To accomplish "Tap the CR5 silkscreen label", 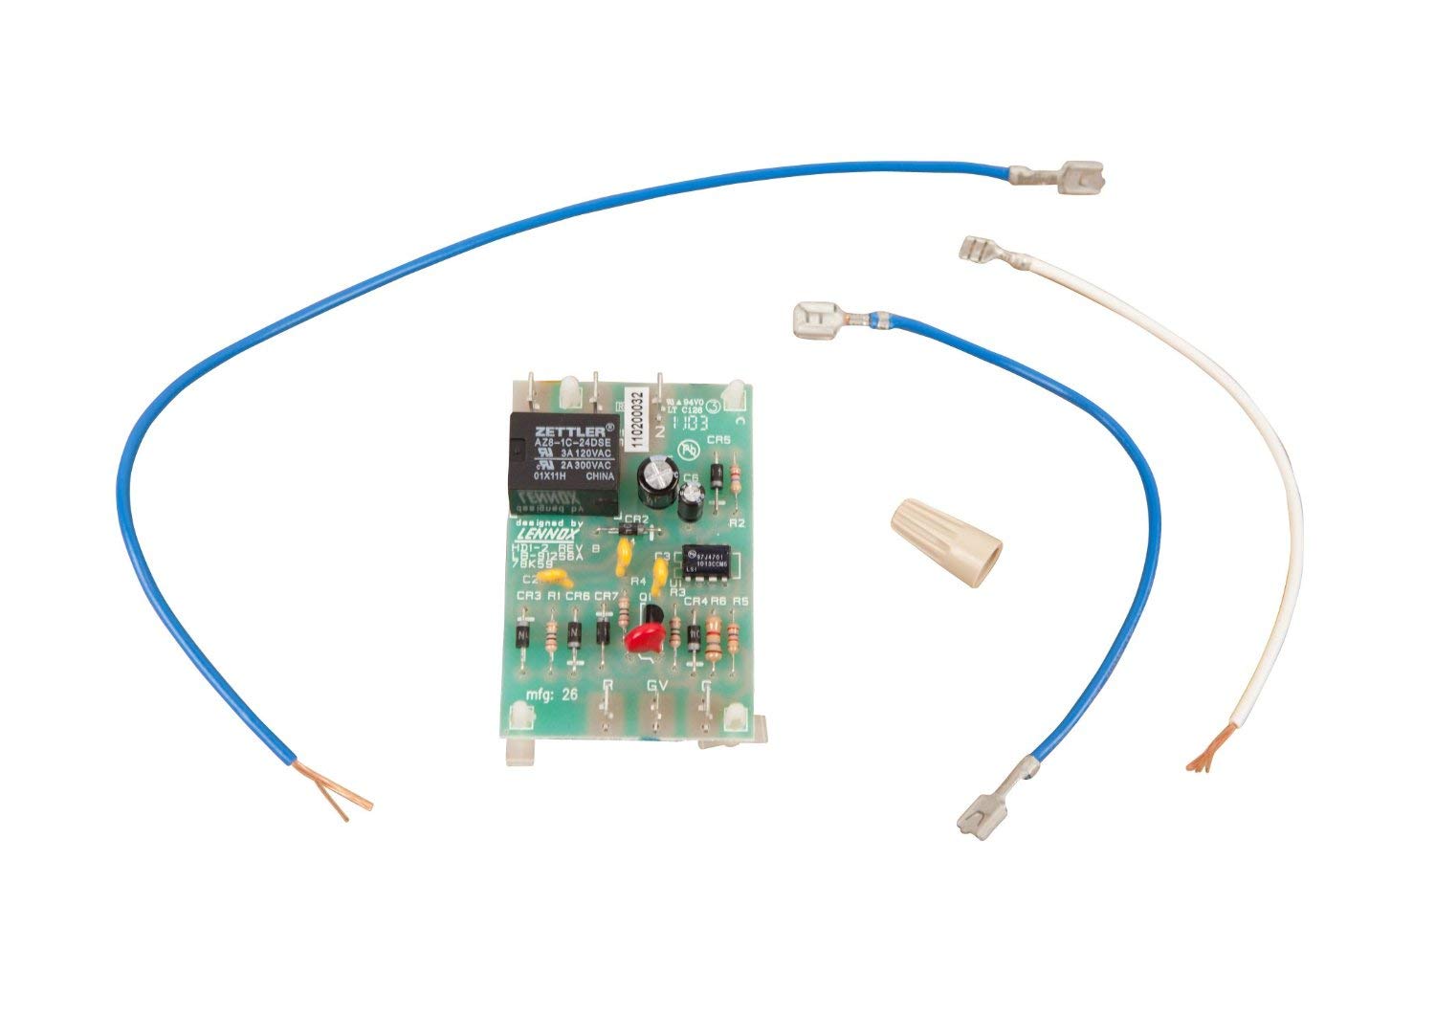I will [717, 440].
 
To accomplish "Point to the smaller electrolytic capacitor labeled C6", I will [692, 496].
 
